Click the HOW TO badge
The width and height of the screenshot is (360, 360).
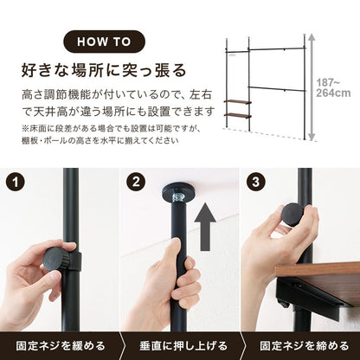click(104, 42)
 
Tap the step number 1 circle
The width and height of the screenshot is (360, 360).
click(16, 182)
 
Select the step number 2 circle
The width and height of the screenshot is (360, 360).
click(136, 182)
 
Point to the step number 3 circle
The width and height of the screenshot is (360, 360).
click(256, 182)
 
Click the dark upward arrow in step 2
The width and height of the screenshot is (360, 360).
click(205, 226)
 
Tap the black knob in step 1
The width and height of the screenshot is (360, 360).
click(55, 259)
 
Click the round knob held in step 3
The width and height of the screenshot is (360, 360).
click(292, 215)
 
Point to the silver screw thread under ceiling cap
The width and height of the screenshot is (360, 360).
click(177, 198)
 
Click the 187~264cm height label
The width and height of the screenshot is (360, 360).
click(333, 88)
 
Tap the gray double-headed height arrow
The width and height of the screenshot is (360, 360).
click(312, 87)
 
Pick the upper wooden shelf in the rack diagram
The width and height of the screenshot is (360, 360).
click(237, 102)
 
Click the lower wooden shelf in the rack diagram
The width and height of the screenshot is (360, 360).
click(237, 116)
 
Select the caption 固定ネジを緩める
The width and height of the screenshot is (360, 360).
click(61, 345)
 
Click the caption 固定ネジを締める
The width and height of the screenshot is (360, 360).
click(305, 345)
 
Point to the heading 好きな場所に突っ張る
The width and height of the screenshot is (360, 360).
click(104, 70)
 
